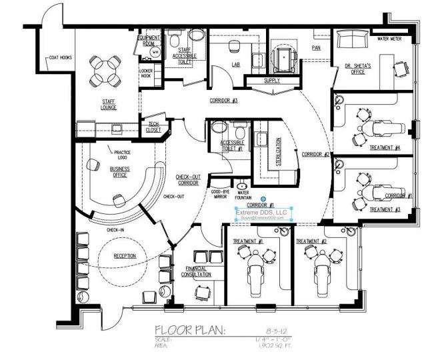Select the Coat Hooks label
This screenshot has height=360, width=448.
(x=59, y=57)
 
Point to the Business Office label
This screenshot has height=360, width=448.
(x=119, y=172)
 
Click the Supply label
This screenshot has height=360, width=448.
(x=272, y=81)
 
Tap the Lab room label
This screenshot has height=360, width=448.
(x=236, y=65)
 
